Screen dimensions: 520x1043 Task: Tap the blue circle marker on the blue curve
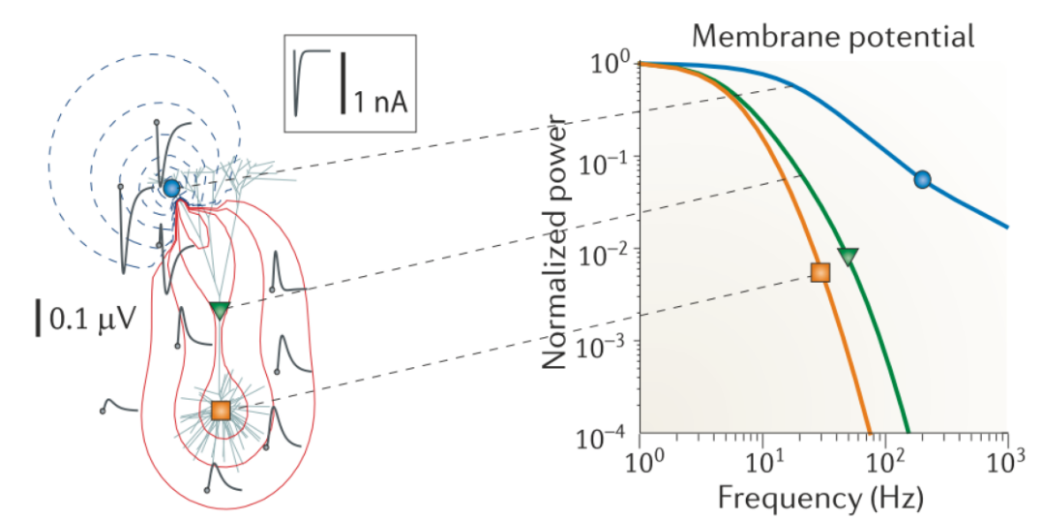921,178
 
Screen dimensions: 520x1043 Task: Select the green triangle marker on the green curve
848,256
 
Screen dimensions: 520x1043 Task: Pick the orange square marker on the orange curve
820,272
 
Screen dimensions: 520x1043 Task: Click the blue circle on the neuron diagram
171,188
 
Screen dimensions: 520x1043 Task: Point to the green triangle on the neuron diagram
220,311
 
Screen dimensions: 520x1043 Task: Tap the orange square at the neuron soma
220,410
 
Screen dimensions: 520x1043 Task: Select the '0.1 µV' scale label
89,319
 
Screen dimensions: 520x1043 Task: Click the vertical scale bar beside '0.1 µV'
39,319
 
